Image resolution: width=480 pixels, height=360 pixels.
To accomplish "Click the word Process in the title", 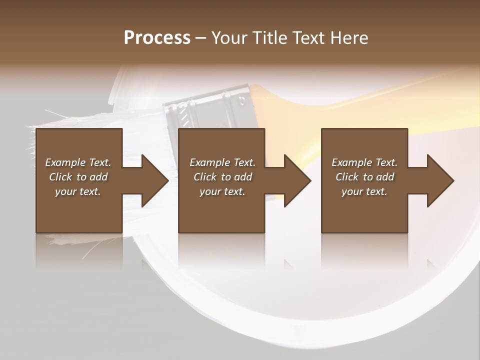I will point(157,38).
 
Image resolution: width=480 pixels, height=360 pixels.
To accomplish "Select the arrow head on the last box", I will point(439,180).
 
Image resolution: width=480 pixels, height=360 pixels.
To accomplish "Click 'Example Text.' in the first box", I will point(78,162).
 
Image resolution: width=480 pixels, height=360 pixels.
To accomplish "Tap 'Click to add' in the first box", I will point(78,177).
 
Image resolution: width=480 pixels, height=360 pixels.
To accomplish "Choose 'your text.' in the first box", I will point(78,191).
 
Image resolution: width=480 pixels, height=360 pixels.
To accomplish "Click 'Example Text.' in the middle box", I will point(222,162).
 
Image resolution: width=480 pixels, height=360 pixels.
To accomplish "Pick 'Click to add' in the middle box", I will point(222,177).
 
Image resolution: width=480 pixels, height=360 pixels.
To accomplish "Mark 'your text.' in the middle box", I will point(222,191).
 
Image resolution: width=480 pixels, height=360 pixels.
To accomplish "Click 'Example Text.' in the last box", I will point(364,162).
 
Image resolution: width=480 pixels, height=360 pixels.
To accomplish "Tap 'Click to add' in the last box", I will point(364,177).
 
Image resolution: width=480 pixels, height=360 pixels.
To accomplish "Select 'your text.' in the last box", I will point(364,191).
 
